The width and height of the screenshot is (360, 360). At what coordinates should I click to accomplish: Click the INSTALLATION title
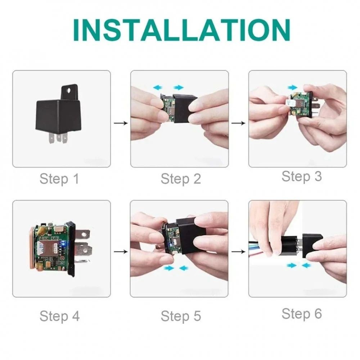click(181, 30)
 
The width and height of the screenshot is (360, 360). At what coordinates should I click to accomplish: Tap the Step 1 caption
click(59, 179)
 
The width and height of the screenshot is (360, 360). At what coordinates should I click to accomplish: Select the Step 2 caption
click(181, 179)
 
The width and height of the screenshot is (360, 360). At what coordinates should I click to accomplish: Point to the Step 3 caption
click(301, 176)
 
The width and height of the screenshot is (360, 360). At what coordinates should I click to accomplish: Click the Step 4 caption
click(59, 316)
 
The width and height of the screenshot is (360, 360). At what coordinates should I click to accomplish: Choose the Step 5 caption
click(181, 316)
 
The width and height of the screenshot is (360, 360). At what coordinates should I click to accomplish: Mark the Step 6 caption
click(301, 314)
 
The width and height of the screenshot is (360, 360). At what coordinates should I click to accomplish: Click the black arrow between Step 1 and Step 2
click(121, 123)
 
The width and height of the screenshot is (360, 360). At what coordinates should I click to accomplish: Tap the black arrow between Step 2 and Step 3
click(239, 123)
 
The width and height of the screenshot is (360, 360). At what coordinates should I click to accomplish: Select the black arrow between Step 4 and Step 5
click(121, 252)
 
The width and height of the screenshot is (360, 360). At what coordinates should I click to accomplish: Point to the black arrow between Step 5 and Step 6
click(239, 252)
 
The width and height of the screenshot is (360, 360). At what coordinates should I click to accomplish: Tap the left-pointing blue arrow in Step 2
click(158, 87)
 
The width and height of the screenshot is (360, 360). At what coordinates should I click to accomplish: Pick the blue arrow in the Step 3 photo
click(293, 87)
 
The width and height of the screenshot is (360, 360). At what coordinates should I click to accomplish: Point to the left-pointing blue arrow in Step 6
click(306, 265)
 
